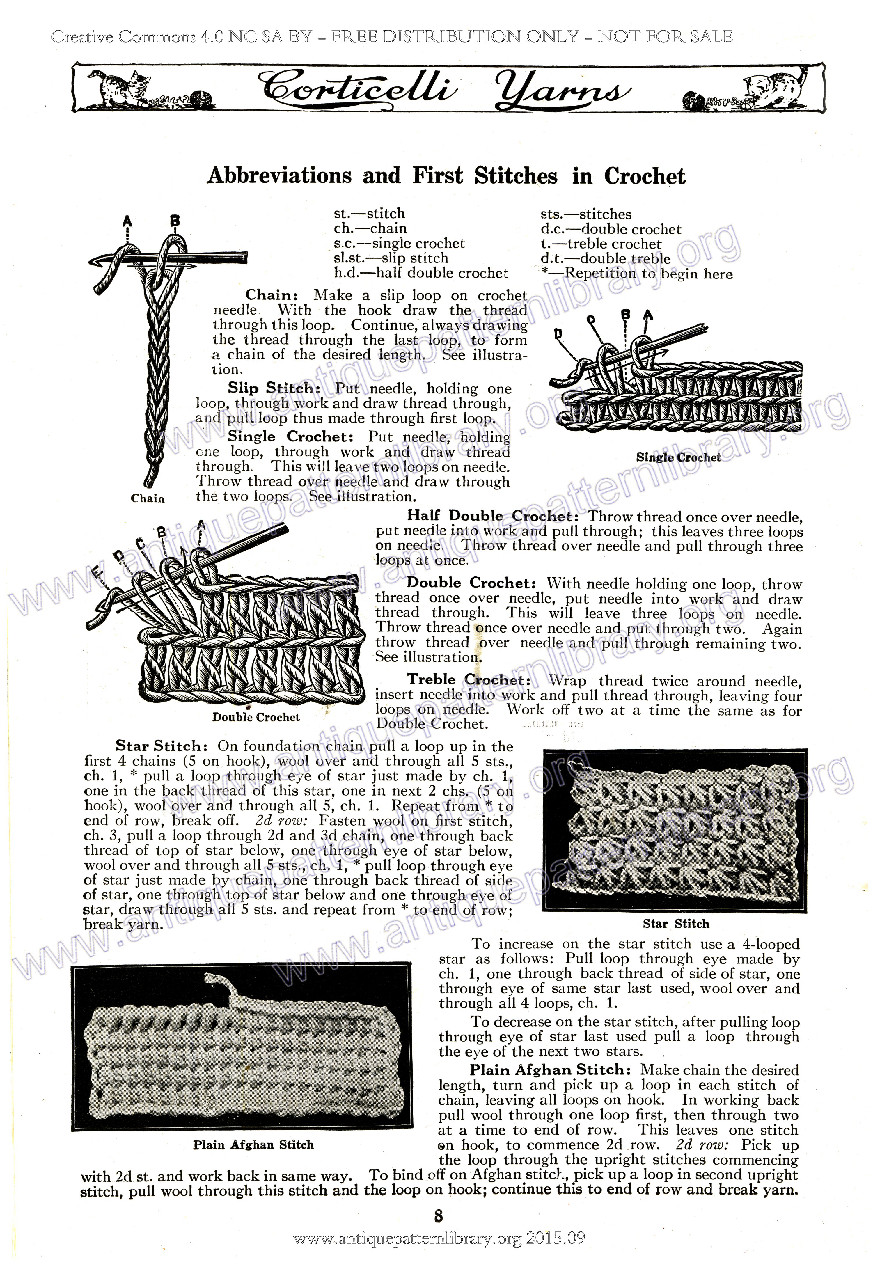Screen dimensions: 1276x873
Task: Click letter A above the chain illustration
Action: (x=127, y=221)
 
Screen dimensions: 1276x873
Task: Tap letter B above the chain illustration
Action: (x=175, y=220)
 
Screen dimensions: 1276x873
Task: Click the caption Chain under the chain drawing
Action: (x=148, y=498)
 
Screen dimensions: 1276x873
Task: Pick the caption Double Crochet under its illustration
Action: (x=256, y=717)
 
